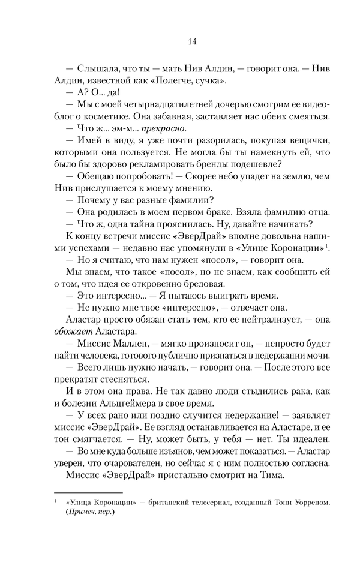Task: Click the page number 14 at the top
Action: pyautogui.click(x=191, y=41)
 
